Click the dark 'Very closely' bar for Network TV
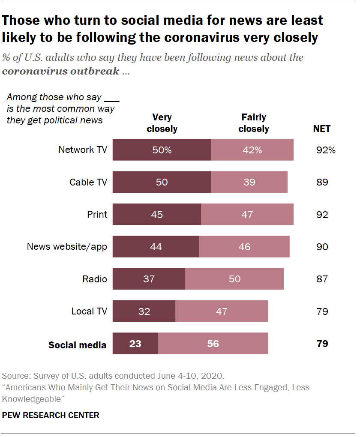click(x=162, y=150)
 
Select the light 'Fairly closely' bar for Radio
click(x=234, y=279)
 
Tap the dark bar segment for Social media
click(x=135, y=344)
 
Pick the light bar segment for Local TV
click(x=222, y=311)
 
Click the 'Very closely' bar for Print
click(x=157, y=214)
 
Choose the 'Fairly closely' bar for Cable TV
click(x=249, y=182)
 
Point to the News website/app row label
click(x=67, y=247)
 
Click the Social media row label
click(x=77, y=345)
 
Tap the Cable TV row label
click(x=88, y=182)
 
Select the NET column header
click(x=322, y=129)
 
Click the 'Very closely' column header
click(x=162, y=123)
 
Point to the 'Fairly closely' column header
click(x=254, y=123)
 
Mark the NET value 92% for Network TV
click(x=324, y=150)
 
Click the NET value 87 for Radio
click(x=322, y=279)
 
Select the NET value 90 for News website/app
click(x=322, y=247)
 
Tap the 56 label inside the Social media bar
click(x=213, y=344)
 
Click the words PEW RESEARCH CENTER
click(x=51, y=415)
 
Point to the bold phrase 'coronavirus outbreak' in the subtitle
click(x=60, y=71)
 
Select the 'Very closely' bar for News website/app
click(x=156, y=247)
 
